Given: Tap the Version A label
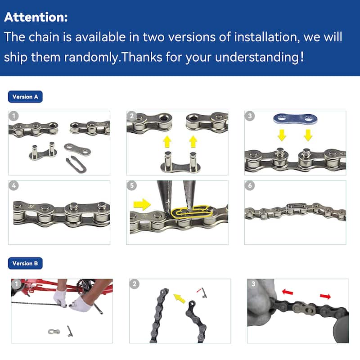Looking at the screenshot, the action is (x=25, y=97).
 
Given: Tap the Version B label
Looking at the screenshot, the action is (x=25, y=263).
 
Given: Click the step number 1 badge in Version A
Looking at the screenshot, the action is (x=13, y=116).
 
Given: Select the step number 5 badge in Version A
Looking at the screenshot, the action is (x=131, y=185).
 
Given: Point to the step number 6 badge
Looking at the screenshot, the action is (x=250, y=185).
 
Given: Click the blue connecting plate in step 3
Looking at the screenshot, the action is (x=295, y=119).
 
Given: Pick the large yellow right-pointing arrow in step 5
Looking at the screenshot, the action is (x=142, y=204).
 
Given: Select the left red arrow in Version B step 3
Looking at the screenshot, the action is (x=288, y=292).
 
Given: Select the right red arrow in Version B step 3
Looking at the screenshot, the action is (x=325, y=297).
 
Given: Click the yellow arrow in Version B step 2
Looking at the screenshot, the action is (x=179, y=298).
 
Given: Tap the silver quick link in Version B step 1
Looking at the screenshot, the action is (x=54, y=332).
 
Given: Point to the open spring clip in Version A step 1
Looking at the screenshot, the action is (x=76, y=164).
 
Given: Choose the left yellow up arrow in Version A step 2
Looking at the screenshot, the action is (x=167, y=141).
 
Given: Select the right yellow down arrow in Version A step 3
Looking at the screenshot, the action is (x=308, y=135).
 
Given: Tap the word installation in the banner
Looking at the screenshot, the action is (x=267, y=37).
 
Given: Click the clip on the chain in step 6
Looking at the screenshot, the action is (x=297, y=205).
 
